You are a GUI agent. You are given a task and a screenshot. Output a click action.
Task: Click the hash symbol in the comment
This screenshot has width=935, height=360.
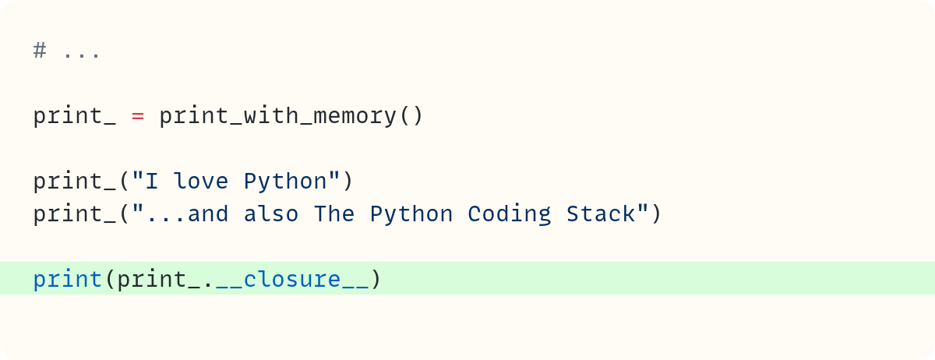point(40,51)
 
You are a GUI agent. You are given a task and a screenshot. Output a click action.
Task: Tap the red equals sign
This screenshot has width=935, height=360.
point(138,116)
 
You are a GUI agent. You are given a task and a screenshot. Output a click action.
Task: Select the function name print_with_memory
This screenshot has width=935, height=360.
point(277,115)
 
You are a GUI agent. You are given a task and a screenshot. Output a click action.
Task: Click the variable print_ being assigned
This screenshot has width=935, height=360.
point(75,116)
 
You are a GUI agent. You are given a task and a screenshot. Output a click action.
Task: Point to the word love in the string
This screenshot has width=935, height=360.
point(201,181)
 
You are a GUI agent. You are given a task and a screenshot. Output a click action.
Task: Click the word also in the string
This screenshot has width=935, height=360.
point(271,214)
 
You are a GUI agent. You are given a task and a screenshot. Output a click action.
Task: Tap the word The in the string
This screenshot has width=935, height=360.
point(334,214)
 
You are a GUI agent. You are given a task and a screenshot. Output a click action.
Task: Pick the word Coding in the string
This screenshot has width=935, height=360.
point(510,214)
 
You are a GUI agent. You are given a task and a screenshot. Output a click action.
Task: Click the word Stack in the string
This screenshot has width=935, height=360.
point(601,214)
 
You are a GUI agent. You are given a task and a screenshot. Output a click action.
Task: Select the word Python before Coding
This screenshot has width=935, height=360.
point(411,214)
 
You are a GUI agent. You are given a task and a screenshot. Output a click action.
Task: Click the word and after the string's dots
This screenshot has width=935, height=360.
point(208,214)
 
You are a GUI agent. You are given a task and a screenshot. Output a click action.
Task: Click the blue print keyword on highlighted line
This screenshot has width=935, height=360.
point(68,279)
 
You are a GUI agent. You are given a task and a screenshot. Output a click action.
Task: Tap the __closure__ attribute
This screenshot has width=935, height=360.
point(292,280)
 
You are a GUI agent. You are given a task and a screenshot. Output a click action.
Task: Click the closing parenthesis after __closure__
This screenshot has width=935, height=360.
point(376,279)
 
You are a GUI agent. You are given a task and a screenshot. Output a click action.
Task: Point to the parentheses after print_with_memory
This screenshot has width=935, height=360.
point(411,115)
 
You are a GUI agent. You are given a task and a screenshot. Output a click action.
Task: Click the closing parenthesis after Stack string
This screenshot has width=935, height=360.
point(656,214)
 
